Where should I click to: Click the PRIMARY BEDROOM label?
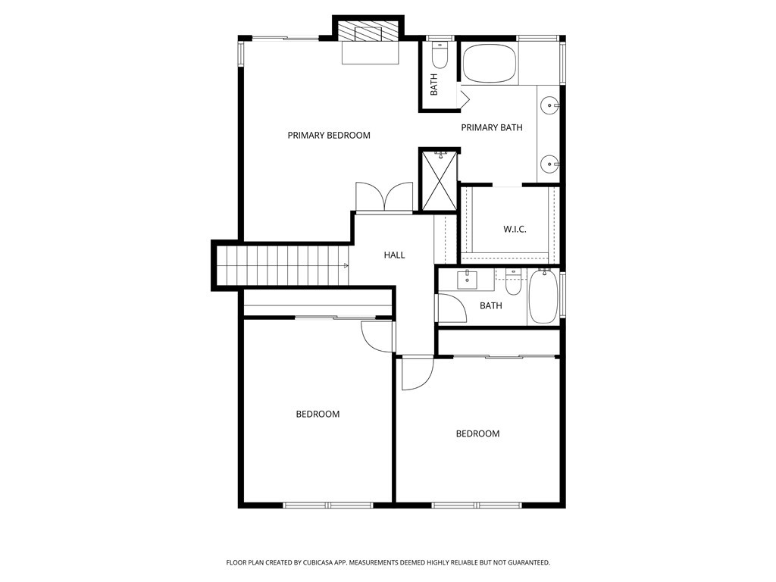point(329,135)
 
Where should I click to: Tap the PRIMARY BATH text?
point(491,127)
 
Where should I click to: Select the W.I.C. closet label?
point(515,229)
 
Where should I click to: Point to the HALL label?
point(394,255)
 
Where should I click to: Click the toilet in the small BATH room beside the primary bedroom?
point(440,55)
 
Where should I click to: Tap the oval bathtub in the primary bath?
point(490,64)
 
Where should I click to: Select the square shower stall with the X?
point(439,180)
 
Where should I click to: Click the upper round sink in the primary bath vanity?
point(549,105)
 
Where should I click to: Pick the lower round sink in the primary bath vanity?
point(549,164)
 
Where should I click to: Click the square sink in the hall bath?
point(467,280)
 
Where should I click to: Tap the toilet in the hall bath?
point(513,283)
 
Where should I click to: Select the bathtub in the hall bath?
point(543,296)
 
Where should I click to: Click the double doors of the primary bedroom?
point(384,198)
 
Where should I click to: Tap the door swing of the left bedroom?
point(377,336)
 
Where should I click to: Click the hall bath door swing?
point(452,308)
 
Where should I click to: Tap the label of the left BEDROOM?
point(318,415)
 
